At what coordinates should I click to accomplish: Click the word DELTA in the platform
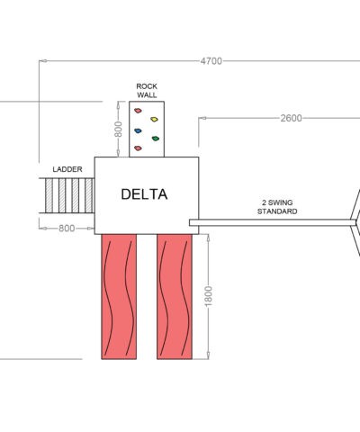(x=144, y=194)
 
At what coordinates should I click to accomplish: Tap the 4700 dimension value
(x=211, y=61)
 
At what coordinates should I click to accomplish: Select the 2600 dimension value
(x=291, y=118)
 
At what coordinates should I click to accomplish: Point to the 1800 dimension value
(x=208, y=296)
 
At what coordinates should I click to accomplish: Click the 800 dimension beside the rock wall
(x=118, y=130)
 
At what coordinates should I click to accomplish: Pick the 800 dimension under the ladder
(x=67, y=229)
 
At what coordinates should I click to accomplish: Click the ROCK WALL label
(x=147, y=91)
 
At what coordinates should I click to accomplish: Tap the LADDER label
(x=67, y=169)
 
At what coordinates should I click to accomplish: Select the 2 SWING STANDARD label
(x=277, y=207)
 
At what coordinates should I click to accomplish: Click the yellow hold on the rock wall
(x=154, y=120)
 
